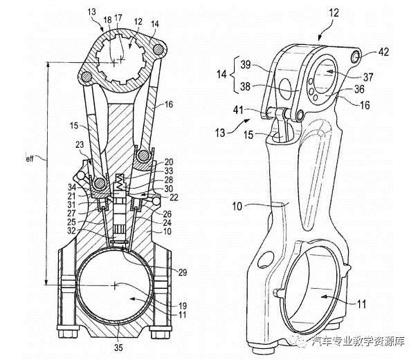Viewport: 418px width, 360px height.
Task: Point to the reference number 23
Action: coord(80,144)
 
